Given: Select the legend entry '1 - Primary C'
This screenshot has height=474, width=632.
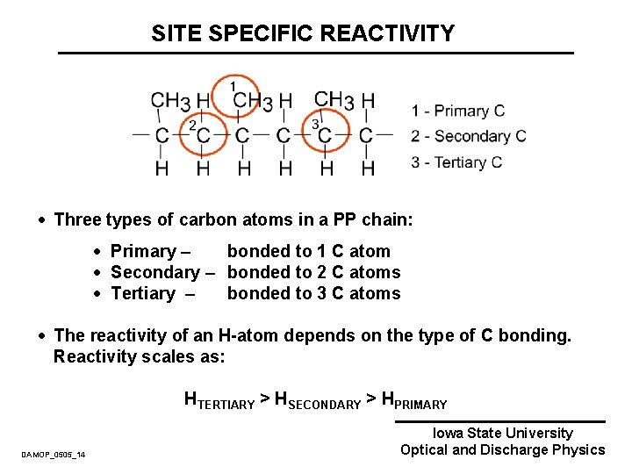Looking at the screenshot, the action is click(x=458, y=111).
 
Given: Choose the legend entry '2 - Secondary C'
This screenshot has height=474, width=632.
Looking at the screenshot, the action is click(x=469, y=136).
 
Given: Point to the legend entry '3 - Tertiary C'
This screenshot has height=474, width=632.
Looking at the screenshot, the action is click(x=456, y=162).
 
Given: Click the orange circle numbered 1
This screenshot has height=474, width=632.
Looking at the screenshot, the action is click(x=234, y=94).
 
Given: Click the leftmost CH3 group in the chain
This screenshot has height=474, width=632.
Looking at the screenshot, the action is click(x=170, y=100).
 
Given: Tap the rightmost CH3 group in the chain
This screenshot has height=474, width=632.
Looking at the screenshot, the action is click(x=334, y=100).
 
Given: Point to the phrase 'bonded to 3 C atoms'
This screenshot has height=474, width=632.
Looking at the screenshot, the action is click(x=313, y=293).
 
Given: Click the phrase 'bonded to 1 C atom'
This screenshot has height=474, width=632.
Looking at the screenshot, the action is click(x=308, y=251).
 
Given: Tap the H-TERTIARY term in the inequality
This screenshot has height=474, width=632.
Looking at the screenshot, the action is click(x=219, y=400).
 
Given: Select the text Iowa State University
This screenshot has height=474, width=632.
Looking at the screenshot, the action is click(x=502, y=433).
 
